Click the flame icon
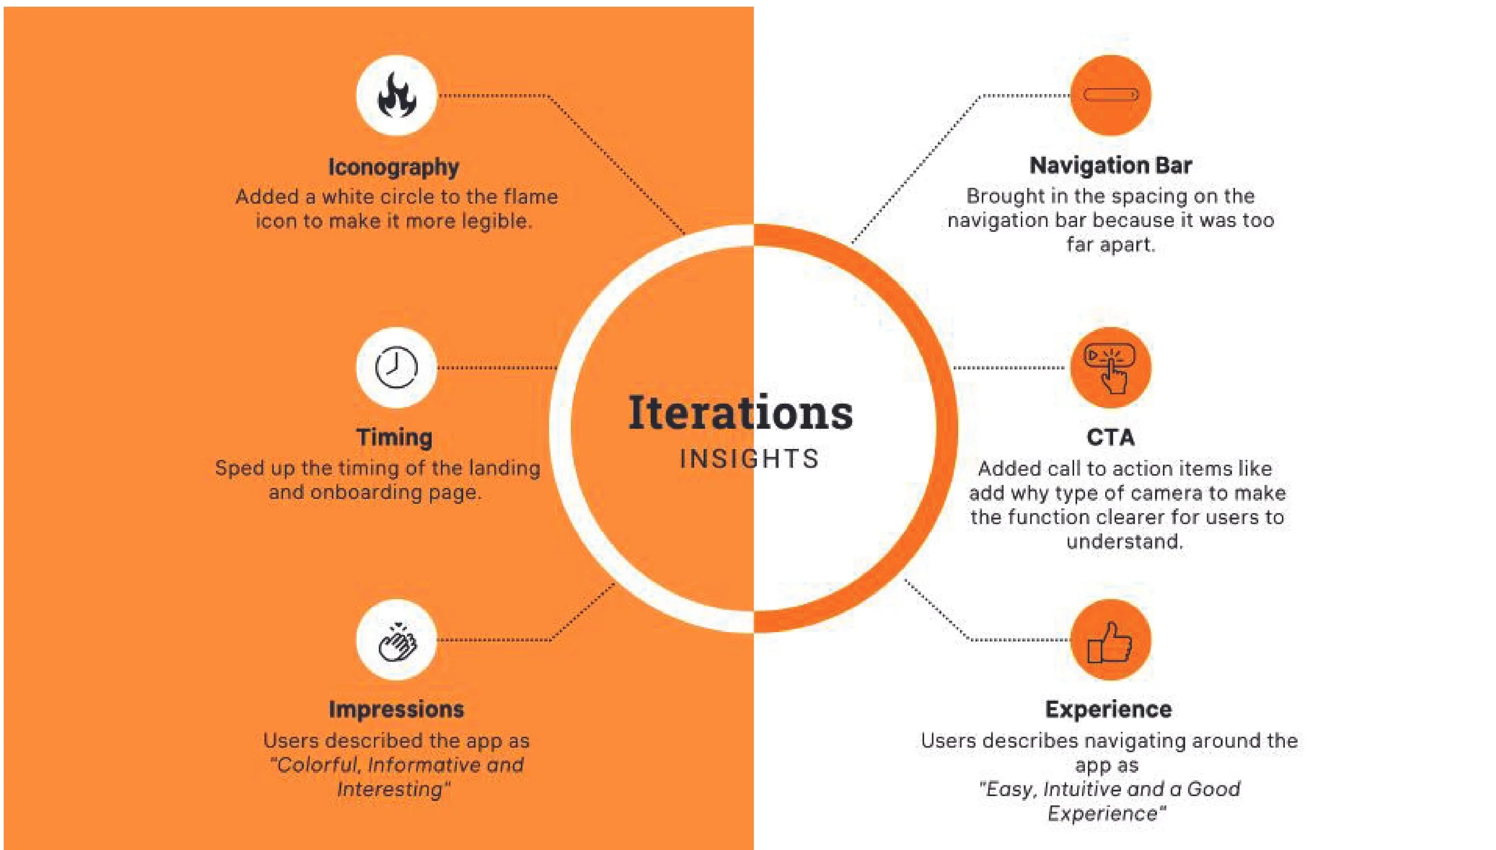(396, 96)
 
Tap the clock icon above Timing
(396, 367)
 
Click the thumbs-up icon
(1110, 642)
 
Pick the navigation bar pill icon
(1111, 95)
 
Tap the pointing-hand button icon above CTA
(1110, 368)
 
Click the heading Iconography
(393, 167)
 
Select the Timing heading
(394, 438)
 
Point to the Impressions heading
(396, 709)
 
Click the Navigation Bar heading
(1111, 166)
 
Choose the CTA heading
(1110, 438)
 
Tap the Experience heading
(1108, 709)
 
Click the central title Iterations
(740, 413)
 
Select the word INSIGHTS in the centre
(749, 459)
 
